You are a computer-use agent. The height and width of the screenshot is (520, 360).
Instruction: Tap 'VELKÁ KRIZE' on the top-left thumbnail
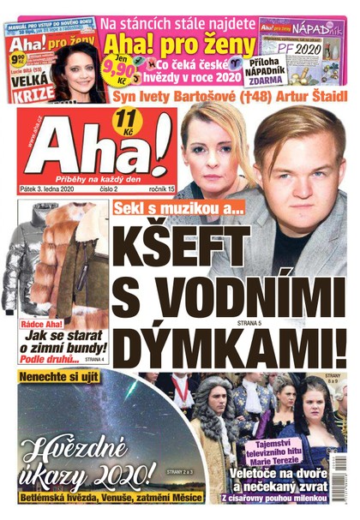(x=30, y=86)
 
